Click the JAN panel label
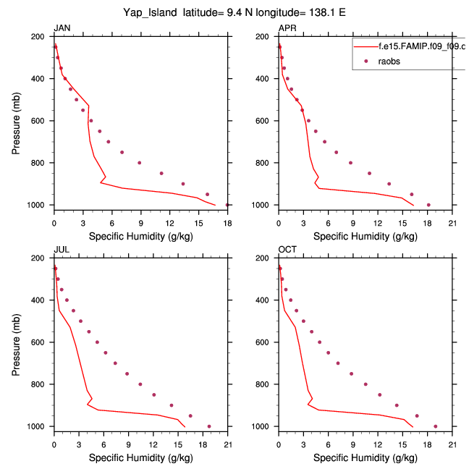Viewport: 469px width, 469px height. pyautogui.click(x=62, y=28)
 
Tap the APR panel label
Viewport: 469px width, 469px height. pyautogui.click(x=287, y=28)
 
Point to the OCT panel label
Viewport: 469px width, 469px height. pyautogui.click(x=287, y=250)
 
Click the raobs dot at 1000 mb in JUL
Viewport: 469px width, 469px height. pyautogui.click(x=209, y=426)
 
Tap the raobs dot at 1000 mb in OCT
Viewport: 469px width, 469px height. pyautogui.click(x=435, y=426)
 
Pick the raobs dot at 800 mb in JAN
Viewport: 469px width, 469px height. pyautogui.click(x=140, y=163)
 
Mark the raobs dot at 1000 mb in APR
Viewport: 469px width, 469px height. pyautogui.click(x=428, y=205)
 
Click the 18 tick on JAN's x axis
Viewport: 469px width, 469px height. pyautogui.click(x=227, y=216)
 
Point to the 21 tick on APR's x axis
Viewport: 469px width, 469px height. pyautogui.click(x=452, y=216)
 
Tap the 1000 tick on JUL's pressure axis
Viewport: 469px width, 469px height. pyautogui.click(x=41, y=426)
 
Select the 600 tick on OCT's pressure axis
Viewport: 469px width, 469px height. pyautogui.click(x=267, y=342)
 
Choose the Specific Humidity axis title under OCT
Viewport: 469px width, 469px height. pyautogui.click(x=365, y=458)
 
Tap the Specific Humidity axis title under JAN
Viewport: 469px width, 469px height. pyautogui.click(x=140, y=237)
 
